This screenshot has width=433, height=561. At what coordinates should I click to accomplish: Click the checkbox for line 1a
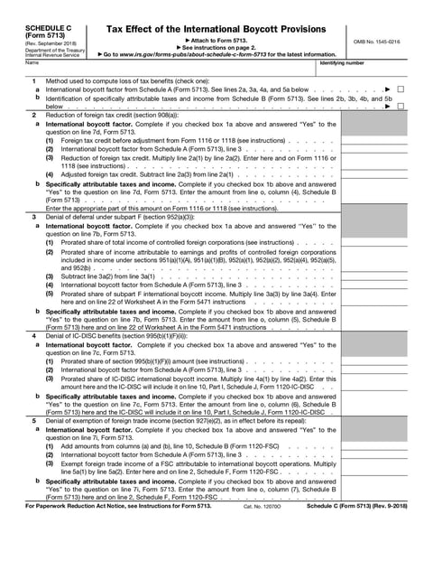click(400, 91)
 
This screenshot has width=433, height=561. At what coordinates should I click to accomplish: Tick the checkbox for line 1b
click(400, 106)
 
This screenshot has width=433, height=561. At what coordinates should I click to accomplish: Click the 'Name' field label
click(32, 62)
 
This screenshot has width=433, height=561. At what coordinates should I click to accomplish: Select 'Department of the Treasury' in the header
click(52, 50)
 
